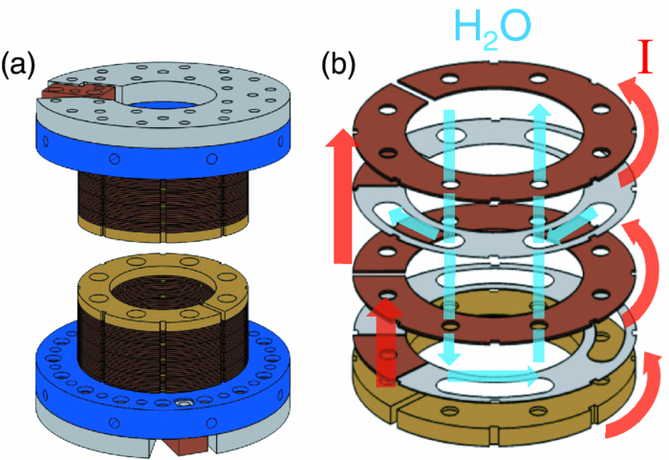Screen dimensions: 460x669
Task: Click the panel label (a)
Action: coord(19,65)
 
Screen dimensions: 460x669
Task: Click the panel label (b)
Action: coord(340,65)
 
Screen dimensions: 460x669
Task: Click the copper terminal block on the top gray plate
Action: coord(72,92)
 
